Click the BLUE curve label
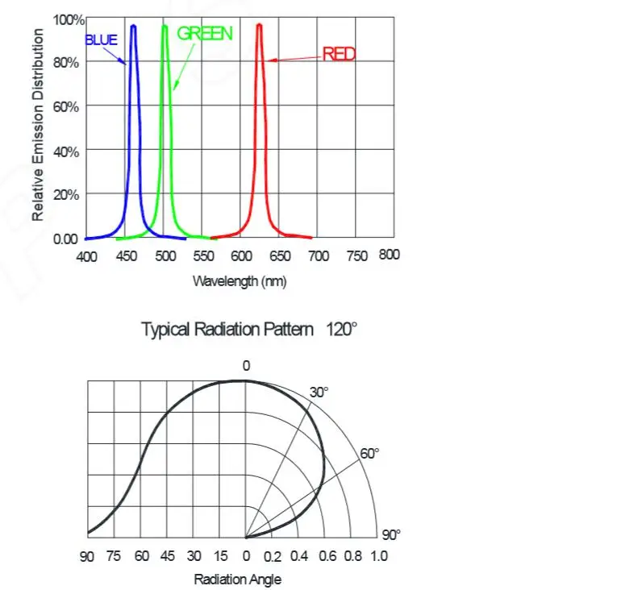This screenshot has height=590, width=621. [101, 39]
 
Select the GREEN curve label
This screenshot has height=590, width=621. [204, 33]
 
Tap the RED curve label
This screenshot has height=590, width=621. [339, 54]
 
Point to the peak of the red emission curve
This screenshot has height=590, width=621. [259, 25]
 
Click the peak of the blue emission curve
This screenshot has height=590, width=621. [133, 26]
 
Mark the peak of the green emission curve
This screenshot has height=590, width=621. [165, 26]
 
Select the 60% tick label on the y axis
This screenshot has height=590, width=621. [67, 106]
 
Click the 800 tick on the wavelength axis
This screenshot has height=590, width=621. [389, 255]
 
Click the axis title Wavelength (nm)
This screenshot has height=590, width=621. [240, 280]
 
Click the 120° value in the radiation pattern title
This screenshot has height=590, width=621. [341, 329]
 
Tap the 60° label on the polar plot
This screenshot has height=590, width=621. [369, 454]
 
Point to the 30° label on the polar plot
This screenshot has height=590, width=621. [319, 393]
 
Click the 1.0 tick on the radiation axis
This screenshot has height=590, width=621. [377, 556]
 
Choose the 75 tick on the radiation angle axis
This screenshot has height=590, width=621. [114, 556]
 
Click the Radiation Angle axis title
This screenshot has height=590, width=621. [238, 579]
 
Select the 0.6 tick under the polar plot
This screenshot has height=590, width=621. [326, 556]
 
